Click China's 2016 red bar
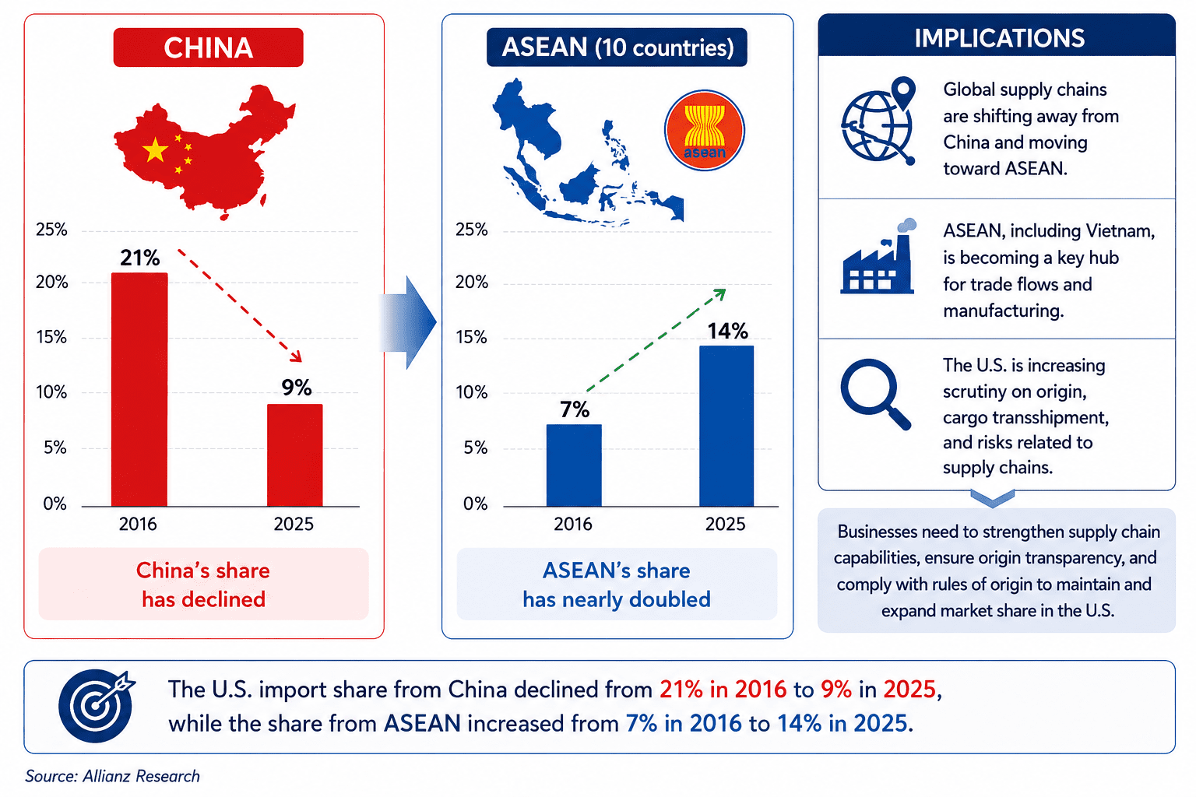click(139, 389)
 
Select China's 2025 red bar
click(295, 455)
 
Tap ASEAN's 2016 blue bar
click(574, 465)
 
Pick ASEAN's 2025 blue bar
click(726, 426)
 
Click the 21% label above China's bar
click(140, 258)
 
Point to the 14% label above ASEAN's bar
click(728, 331)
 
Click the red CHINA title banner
click(208, 47)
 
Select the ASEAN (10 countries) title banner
click(617, 47)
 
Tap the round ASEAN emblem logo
click(704, 130)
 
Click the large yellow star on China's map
click(156, 150)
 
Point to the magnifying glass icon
click(876, 394)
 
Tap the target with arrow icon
click(97, 706)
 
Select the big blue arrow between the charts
click(408, 322)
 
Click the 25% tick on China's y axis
click(52, 230)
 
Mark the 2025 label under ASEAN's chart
click(725, 525)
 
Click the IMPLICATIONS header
click(1000, 38)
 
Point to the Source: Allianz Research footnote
click(112, 776)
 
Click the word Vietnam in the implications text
click(1118, 231)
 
